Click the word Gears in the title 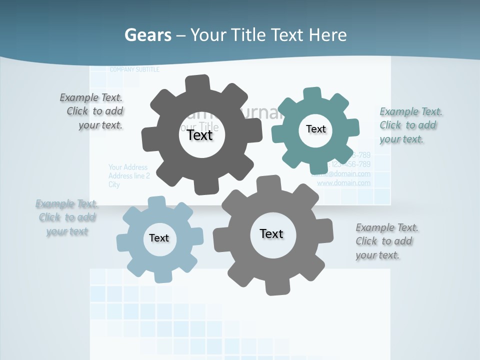[x=148, y=35]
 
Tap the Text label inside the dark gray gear [x=200, y=135]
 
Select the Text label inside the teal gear [x=315, y=129]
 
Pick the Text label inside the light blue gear [x=159, y=238]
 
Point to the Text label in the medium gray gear [x=271, y=233]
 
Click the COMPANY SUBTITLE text [x=134, y=69]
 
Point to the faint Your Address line [x=128, y=167]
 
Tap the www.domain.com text [x=344, y=183]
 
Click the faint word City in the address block [x=114, y=184]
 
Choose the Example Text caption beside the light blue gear [x=67, y=217]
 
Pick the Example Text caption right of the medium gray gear [x=386, y=241]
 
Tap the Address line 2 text [x=129, y=176]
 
